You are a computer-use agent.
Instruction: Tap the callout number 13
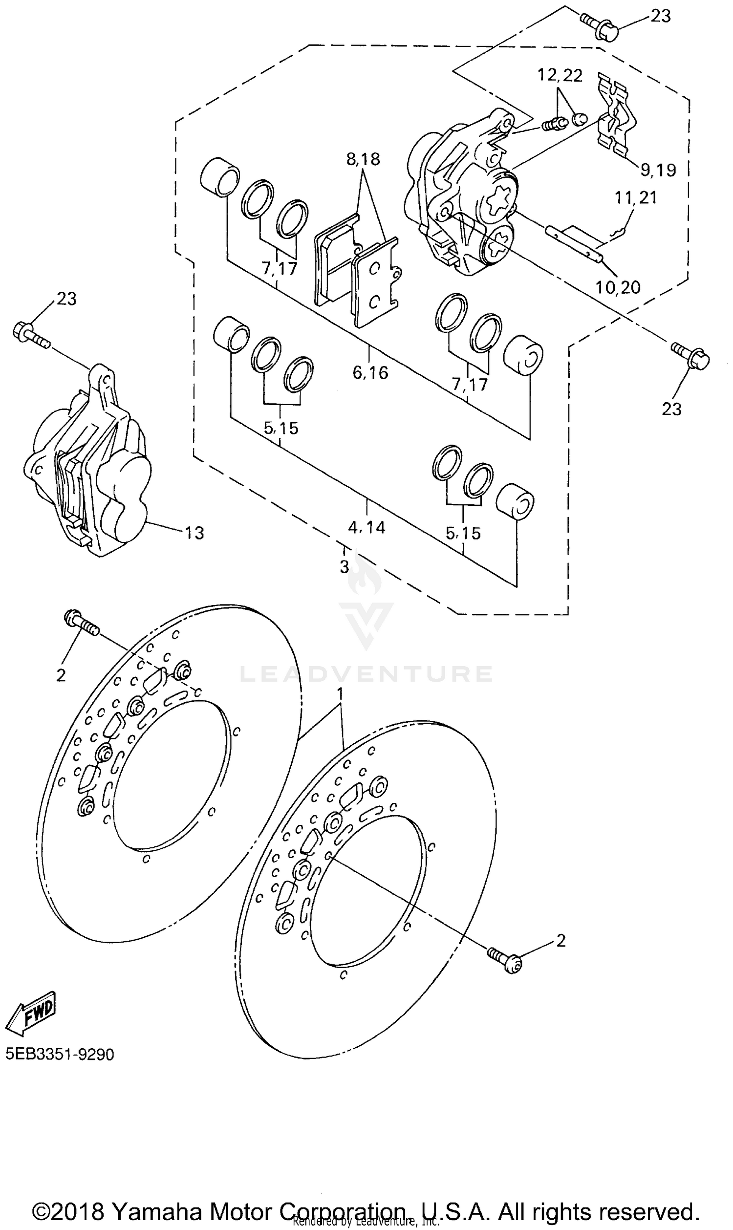[x=194, y=533]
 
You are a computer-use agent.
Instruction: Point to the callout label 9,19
[x=658, y=170]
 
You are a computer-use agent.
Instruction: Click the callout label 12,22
[x=560, y=75]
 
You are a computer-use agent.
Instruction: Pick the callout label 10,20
[x=618, y=287]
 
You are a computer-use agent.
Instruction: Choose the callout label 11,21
[x=636, y=197]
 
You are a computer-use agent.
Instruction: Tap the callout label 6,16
[x=370, y=372]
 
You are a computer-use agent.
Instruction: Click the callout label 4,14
[x=366, y=528]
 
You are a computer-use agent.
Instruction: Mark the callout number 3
[x=345, y=566]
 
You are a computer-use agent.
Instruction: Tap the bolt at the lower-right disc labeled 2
[x=505, y=959]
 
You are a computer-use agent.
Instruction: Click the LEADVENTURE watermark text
[x=366, y=674]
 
